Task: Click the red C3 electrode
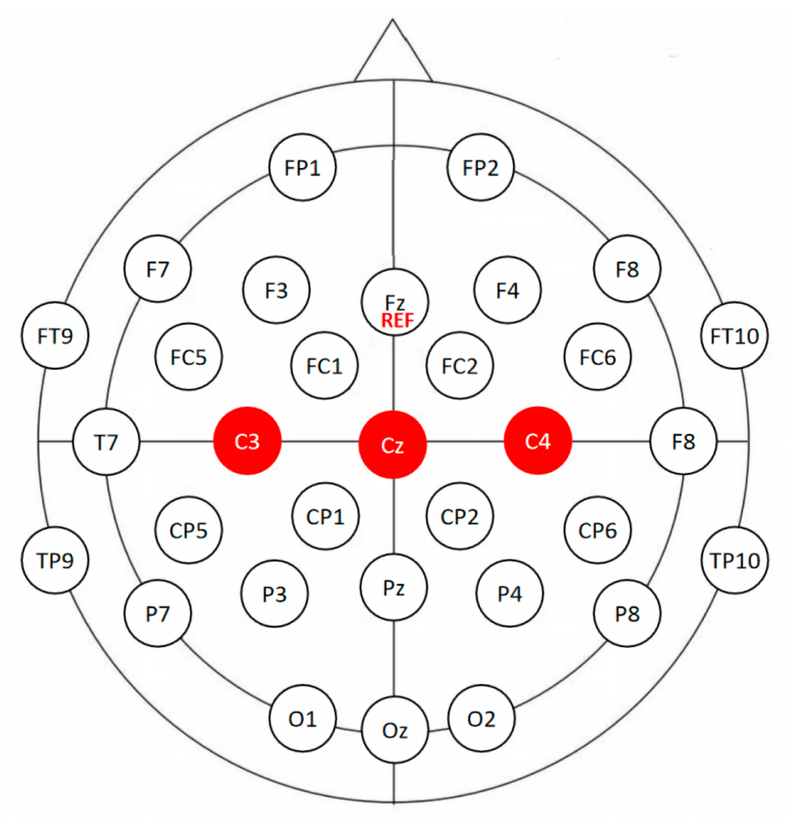click(247, 441)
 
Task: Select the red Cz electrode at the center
click(392, 445)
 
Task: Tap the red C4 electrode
click(538, 441)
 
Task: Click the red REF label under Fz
click(398, 321)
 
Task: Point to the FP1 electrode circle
click(302, 167)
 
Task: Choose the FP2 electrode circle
click(480, 167)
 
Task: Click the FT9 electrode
click(55, 335)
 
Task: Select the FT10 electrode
click(734, 335)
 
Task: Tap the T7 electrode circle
click(106, 442)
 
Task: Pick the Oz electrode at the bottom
click(395, 731)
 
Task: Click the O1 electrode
click(303, 719)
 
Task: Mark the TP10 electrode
click(735, 560)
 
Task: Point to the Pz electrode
click(394, 587)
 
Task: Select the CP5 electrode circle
click(189, 530)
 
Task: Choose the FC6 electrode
click(598, 357)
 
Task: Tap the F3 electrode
click(276, 290)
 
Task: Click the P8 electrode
click(627, 614)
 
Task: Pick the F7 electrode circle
click(158, 268)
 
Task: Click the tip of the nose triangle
click(392, 20)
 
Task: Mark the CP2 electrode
click(460, 516)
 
